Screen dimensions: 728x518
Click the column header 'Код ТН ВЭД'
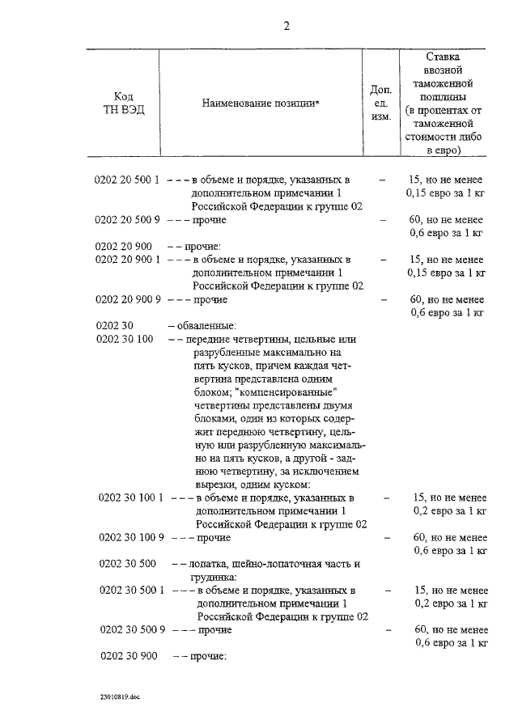tap(123, 104)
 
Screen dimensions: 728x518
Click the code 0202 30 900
tap(127, 655)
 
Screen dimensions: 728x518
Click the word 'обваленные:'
tap(200, 326)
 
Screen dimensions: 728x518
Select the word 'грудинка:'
tap(213, 577)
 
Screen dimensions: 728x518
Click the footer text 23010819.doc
tap(120, 695)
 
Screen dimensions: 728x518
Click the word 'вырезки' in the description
tap(213, 484)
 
